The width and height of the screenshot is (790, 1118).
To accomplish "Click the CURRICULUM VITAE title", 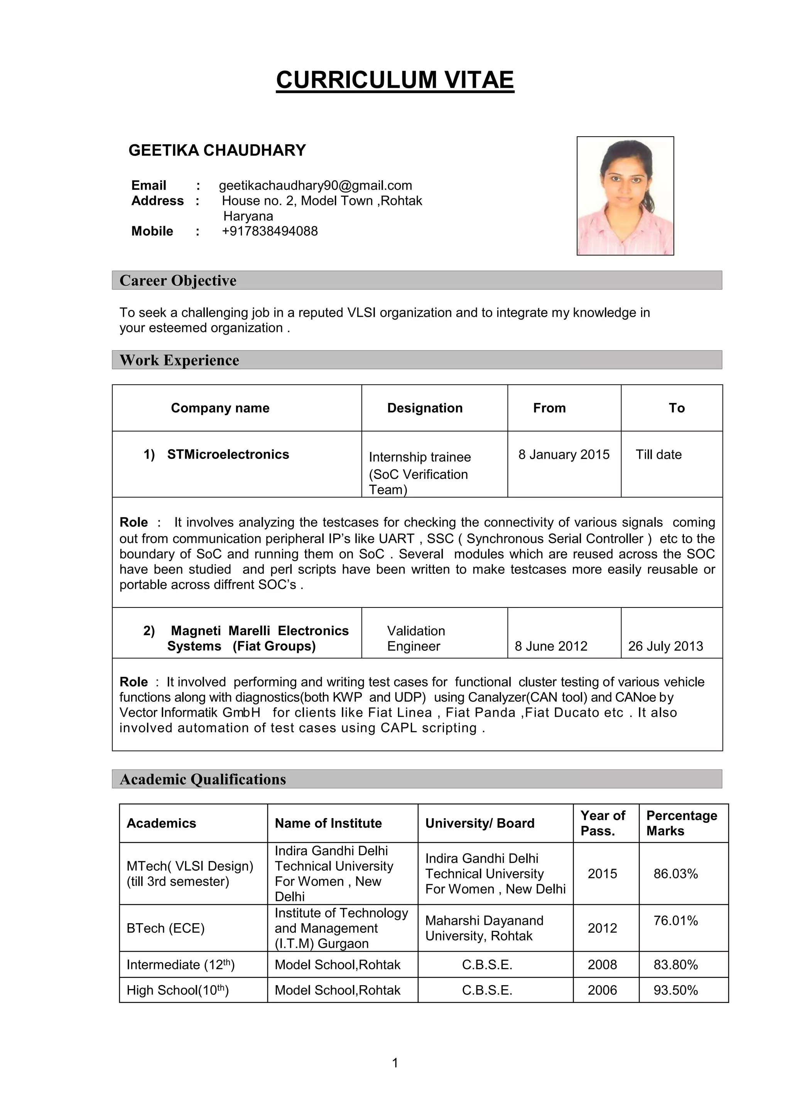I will click(395, 80).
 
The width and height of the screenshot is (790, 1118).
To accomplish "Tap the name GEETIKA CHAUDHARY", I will click(217, 151).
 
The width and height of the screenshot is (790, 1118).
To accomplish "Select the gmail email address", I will click(316, 186).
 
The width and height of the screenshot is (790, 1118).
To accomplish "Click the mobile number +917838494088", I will click(270, 231).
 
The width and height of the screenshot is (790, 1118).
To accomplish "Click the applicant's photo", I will click(625, 196).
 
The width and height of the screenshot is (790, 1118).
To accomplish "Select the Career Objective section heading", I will click(178, 281).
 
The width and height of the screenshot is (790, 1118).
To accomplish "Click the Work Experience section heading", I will click(180, 360).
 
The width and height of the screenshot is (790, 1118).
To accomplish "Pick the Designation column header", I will click(424, 408).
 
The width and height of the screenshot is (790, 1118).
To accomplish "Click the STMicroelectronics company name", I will click(228, 454).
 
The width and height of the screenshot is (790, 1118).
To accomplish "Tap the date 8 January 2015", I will click(564, 454).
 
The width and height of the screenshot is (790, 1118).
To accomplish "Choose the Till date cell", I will click(658, 454).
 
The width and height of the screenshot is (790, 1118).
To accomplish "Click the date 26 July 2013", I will click(665, 646).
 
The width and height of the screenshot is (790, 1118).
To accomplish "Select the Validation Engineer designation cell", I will click(416, 638).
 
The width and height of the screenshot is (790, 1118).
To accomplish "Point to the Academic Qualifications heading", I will click(203, 780).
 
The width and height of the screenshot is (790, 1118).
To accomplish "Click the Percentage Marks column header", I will click(682, 824).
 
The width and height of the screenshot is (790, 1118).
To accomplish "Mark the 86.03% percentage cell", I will click(675, 874).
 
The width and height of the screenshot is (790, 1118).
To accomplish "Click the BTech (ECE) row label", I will click(165, 929).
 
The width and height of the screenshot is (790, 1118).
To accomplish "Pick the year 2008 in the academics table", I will click(602, 965).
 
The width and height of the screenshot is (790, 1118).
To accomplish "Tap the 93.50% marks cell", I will click(675, 990).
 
